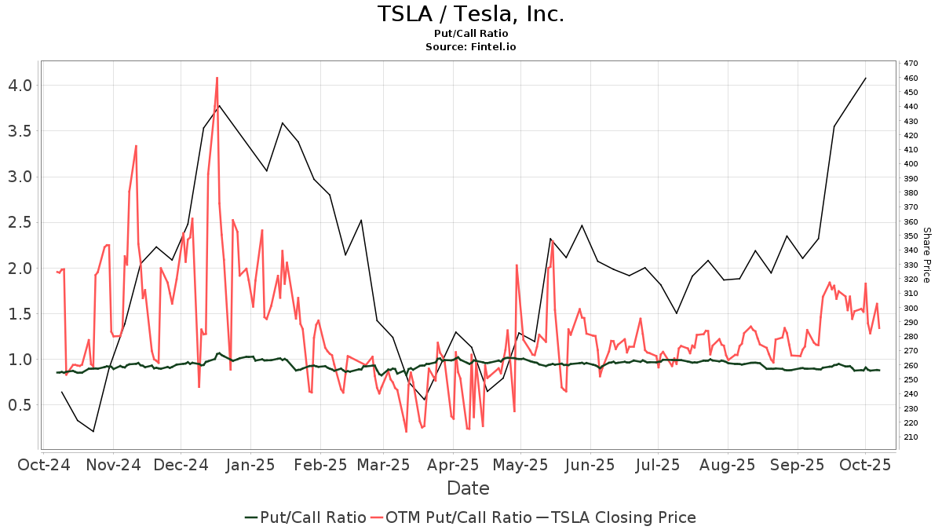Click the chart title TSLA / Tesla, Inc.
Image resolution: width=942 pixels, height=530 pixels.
point(470,14)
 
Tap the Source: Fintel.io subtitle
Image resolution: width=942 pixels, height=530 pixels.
point(470,46)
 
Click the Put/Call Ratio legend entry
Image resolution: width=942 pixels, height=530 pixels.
point(305,517)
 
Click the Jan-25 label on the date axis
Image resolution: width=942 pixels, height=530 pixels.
point(250,465)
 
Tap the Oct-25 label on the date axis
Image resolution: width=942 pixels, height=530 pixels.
point(865,465)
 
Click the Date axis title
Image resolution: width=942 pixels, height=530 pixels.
point(468,488)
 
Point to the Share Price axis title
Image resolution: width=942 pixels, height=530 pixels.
point(926,255)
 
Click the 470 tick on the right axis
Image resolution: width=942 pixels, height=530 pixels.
point(911,64)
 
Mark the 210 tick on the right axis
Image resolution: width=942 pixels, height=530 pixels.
point(911,437)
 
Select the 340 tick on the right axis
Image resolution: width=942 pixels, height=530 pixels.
point(911,250)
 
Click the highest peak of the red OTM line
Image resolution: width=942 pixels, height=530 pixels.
point(217,78)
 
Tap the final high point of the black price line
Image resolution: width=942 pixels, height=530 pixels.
point(865,78)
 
